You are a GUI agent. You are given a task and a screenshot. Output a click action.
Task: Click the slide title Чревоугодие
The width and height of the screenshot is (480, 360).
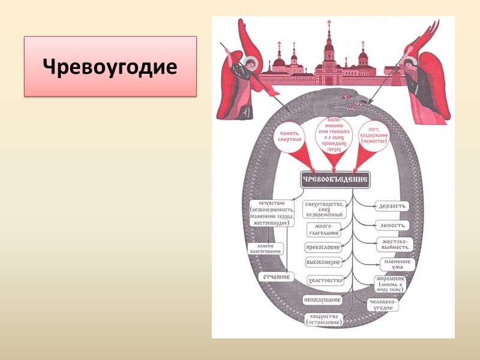pos(110,66)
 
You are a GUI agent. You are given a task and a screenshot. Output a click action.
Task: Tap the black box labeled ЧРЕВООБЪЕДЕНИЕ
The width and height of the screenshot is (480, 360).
pos(334,179)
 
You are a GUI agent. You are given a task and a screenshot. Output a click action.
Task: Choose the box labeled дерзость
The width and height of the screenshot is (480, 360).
pos(392,206)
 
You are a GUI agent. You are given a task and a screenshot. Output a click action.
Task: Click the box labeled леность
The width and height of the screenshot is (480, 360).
pos(392,226)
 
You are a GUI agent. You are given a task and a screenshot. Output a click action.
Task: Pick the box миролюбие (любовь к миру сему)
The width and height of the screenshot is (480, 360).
pos(391,283)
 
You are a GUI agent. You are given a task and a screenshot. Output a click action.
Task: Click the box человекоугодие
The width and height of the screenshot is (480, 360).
pos(383,304)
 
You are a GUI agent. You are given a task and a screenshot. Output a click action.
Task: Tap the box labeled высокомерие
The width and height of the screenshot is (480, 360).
pos(323,262)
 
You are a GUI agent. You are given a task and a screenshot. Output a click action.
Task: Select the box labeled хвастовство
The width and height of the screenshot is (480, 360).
pos(325,280)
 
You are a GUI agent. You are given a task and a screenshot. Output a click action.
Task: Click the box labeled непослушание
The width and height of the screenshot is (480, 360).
pos(322,299)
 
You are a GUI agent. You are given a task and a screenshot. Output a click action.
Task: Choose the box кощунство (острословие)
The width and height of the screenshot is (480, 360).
pos(324,319)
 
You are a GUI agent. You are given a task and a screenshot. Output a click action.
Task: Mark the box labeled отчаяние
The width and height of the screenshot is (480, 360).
pos(275,277)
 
